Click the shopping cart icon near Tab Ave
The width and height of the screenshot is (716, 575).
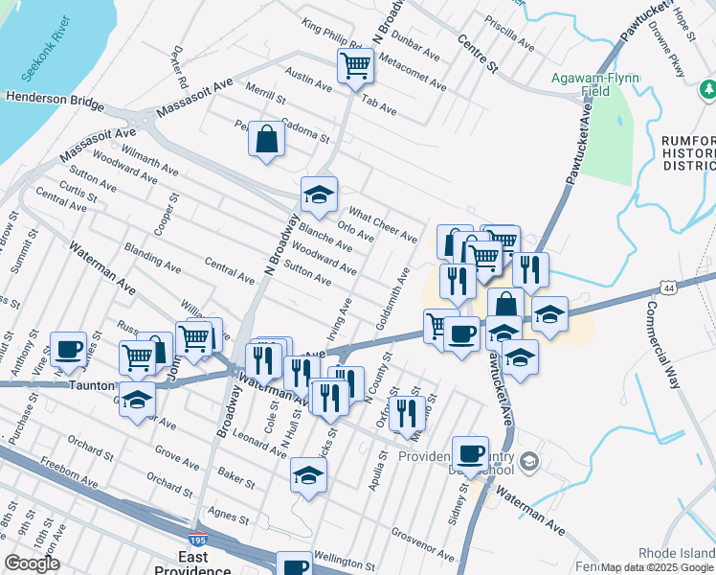point(354,66)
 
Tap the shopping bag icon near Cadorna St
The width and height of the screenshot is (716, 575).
point(266,139)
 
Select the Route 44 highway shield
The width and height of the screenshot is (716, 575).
point(670,286)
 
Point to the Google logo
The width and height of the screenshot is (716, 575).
point(32,564)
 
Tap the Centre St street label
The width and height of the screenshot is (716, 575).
point(479,55)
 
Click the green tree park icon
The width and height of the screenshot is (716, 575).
point(708,90)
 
